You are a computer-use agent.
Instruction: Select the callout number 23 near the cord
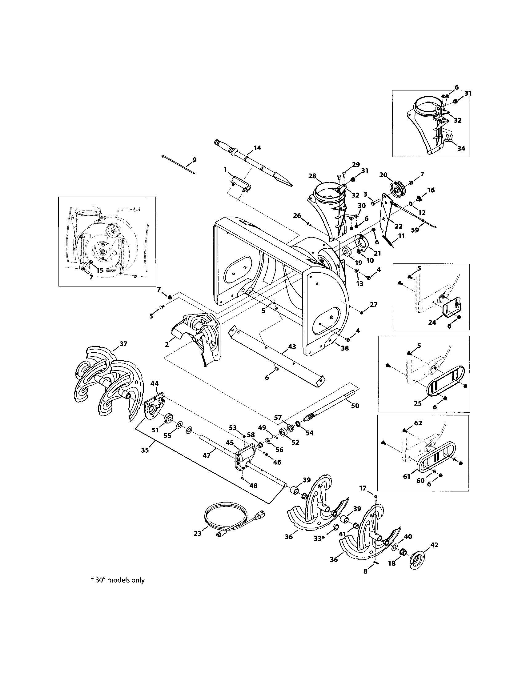point(198,534)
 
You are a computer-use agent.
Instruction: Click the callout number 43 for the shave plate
point(292,346)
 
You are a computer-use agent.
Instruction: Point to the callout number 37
point(123,344)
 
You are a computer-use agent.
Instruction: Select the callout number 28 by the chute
point(312,176)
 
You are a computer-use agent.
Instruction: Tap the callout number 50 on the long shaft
point(355,406)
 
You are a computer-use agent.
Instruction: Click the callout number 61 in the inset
point(407,476)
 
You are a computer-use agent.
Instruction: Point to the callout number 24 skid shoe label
point(432,322)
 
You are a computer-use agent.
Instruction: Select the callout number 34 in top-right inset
point(461,149)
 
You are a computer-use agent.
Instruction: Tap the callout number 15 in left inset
point(99,270)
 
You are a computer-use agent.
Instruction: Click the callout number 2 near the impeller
point(167,344)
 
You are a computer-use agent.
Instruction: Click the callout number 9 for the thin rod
point(194,160)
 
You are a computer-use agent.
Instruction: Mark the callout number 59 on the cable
point(415,230)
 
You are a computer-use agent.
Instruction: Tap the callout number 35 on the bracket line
point(145,450)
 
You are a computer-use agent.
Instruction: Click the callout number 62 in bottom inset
point(418,423)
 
